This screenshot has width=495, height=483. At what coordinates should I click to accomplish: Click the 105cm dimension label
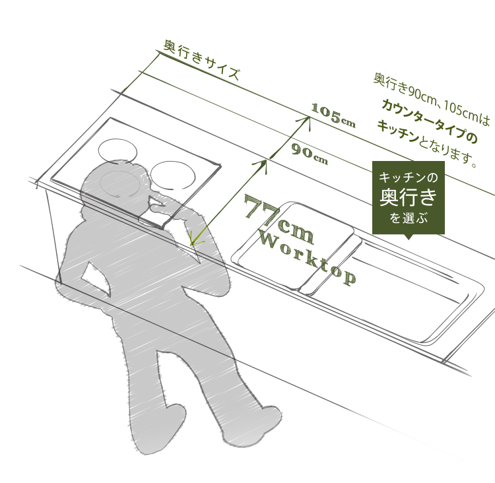333,115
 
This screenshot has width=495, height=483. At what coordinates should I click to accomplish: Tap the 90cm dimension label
310,154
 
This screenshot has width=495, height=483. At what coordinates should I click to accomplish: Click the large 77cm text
279,219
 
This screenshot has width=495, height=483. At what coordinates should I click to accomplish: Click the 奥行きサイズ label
201,60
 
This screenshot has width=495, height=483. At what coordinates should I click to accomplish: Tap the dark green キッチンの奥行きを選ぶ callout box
408,197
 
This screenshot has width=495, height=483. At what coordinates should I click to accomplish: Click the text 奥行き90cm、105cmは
431,98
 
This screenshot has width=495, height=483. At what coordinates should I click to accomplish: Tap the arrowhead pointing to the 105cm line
307,121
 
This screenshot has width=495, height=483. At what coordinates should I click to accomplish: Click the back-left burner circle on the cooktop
117,152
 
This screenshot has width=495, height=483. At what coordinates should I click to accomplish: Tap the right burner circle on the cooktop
173,176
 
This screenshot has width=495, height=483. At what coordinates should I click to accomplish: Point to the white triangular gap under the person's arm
97,275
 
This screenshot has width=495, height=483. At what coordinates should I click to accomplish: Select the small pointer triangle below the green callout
408,237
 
